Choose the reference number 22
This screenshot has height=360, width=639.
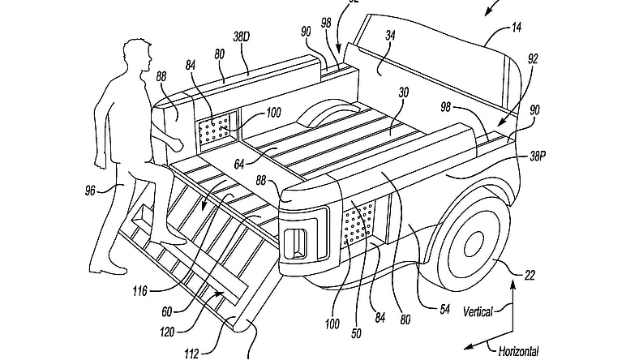tap(529, 276)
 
